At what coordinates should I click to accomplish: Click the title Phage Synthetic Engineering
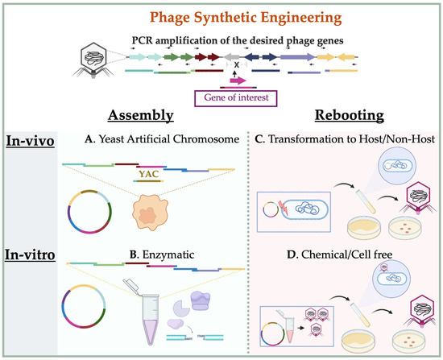point(246,18)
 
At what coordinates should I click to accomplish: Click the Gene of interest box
point(236,98)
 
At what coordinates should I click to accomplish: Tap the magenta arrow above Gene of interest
point(238,81)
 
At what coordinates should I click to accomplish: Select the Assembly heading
point(141,116)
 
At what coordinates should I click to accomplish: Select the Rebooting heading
point(350,116)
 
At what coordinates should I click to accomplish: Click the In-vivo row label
point(31,141)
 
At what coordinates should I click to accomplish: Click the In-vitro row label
point(30,254)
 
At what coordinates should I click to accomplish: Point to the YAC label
point(149,174)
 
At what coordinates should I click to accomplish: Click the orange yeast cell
point(150,212)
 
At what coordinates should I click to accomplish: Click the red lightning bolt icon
point(283,208)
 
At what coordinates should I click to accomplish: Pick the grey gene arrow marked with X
point(232,57)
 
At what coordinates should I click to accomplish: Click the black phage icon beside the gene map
point(93,60)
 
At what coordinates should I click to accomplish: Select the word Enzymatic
point(168,254)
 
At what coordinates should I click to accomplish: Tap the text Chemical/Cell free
point(346,254)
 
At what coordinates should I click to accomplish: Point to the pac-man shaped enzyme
point(181,308)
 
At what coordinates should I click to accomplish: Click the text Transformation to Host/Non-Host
point(351,139)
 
